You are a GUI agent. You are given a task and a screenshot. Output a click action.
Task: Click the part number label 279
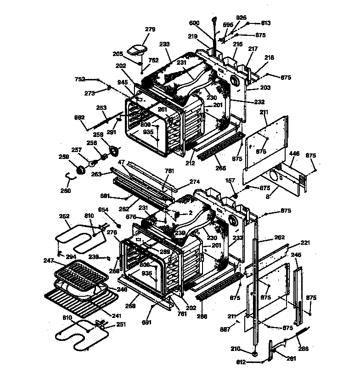click(x=150, y=29)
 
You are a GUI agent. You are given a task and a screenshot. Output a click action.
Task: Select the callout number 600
click(x=195, y=23)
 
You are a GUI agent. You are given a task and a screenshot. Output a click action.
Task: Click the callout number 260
click(x=66, y=191)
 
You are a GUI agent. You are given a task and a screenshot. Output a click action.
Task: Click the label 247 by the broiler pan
click(x=49, y=260)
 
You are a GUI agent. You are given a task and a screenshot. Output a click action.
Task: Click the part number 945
click(x=122, y=83)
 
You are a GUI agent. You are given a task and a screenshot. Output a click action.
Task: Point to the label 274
click(x=195, y=182)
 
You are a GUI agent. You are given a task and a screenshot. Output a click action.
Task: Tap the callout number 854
click(x=103, y=209)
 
